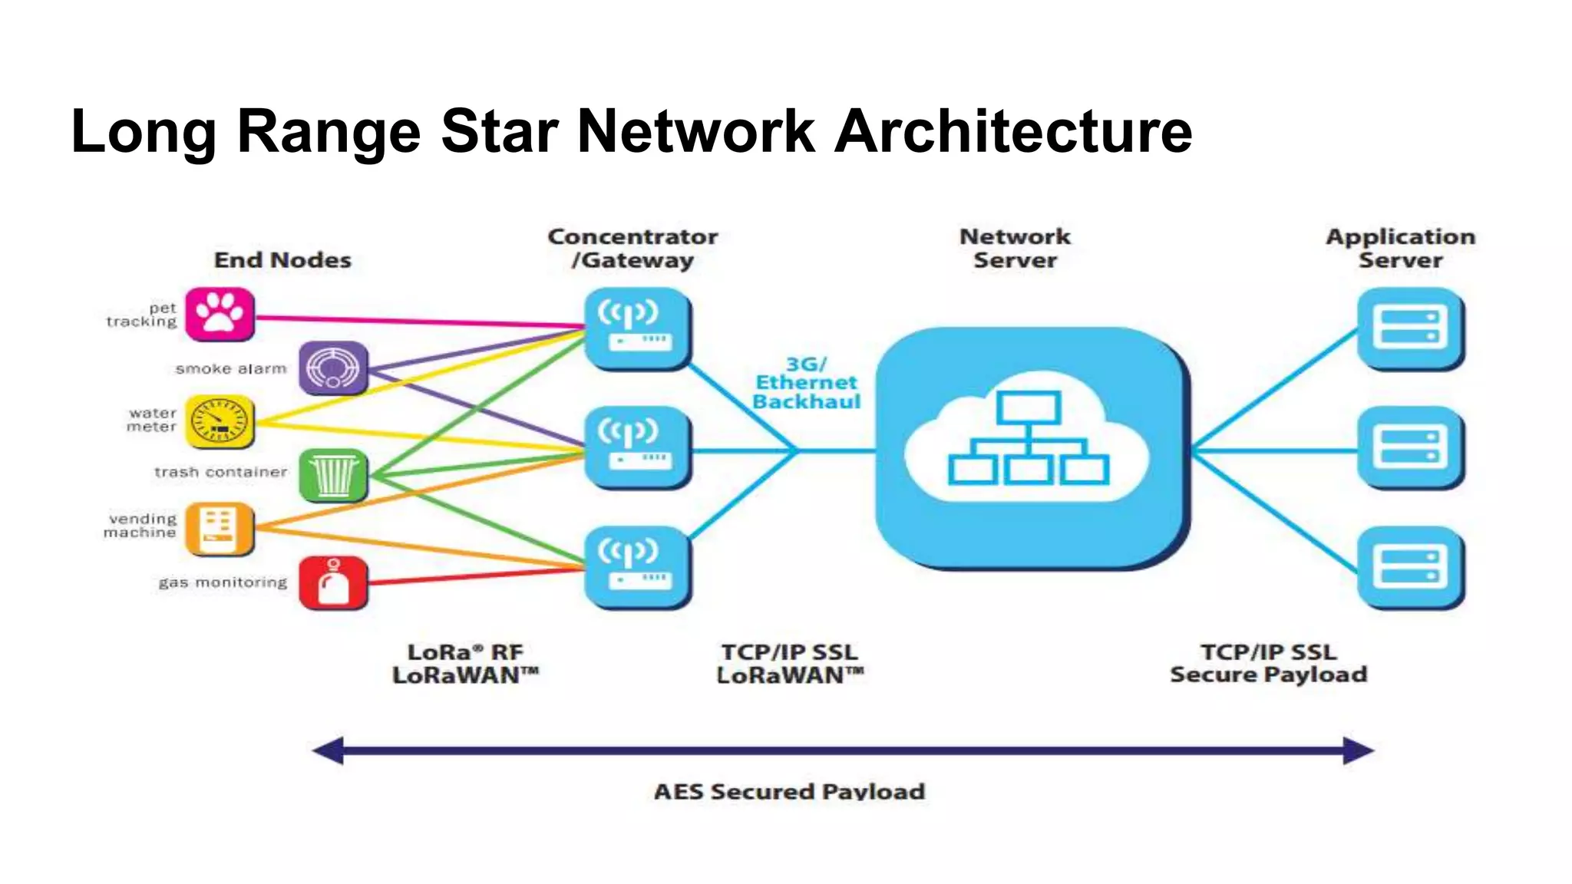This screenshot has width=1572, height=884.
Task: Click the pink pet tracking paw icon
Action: click(220, 314)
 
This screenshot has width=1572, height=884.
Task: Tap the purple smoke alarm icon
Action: click(333, 368)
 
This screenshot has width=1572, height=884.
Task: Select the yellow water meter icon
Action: click(220, 422)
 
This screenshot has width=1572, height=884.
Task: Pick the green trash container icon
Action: click(333, 476)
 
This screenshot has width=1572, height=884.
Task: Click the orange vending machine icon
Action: click(220, 529)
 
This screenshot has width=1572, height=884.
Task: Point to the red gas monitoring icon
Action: click(333, 583)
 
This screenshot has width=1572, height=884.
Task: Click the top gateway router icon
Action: click(637, 328)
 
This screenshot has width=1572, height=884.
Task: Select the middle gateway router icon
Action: click(637, 447)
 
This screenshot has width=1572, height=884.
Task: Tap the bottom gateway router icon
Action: click(637, 566)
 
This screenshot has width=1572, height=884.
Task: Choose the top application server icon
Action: click(1410, 328)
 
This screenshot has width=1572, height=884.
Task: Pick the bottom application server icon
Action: click(1410, 566)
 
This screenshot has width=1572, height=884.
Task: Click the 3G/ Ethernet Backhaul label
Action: click(806, 383)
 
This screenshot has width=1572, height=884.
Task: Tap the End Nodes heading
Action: click(282, 260)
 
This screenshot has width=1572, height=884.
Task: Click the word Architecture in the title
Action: click(1013, 131)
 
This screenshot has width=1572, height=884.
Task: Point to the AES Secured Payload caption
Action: click(789, 791)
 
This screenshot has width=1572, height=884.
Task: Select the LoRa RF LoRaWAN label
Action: click(465, 663)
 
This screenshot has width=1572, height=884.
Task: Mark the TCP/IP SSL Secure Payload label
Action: click(1268, 663)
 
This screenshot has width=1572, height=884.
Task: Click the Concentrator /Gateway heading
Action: click(633, 248)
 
